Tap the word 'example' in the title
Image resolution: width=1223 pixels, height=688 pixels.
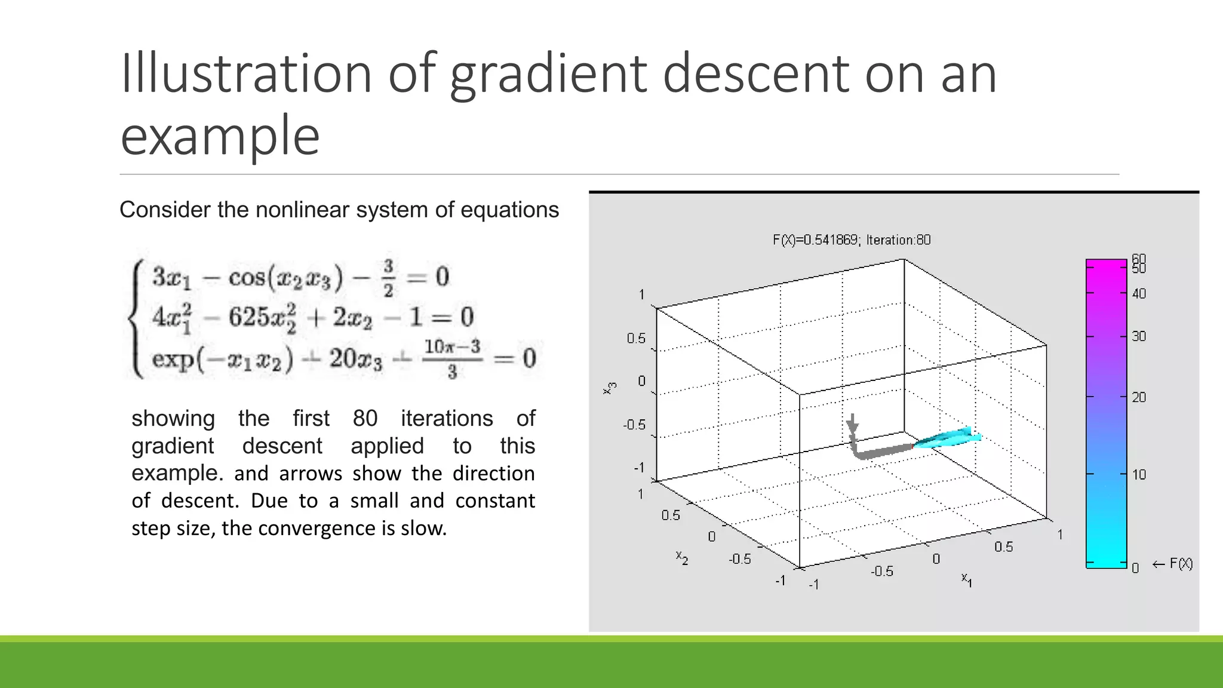click(220, 136)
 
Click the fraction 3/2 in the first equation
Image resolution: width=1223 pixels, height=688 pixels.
click(388, 278)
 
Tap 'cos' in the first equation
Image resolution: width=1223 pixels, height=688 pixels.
click(246, 277)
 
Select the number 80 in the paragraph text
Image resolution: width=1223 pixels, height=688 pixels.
click(365, 418)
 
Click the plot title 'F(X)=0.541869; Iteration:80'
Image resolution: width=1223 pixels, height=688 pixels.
click(852, 240)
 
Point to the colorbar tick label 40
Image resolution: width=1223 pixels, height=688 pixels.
click(1139, 294)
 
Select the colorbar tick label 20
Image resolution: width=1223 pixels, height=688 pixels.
click(1139, 397)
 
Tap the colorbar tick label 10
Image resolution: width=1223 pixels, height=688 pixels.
click(1139, 475)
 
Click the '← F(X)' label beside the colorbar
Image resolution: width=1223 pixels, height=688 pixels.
click(1172, 564)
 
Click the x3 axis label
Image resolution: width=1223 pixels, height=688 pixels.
click(610, 388)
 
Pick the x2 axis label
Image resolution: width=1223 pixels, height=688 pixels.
click(682, 557)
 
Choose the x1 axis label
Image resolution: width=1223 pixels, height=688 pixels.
click(966, 579)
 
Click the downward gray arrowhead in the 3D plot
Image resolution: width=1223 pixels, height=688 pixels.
click(853, 426)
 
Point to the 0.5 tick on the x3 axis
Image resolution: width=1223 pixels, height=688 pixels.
click(636, 339)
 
